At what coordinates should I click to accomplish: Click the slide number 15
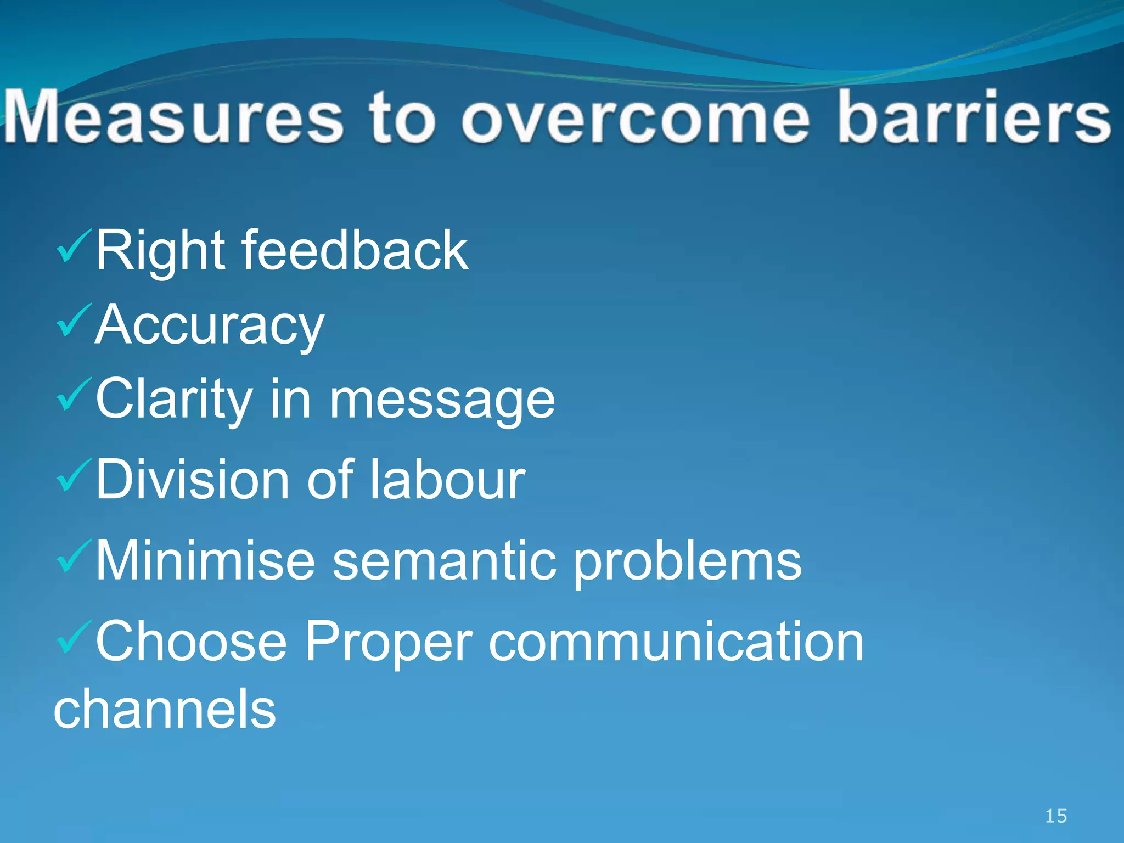[x=1055, y=816]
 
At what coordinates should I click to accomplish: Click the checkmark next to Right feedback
[x=73, y=247]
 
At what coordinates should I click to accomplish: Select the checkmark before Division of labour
[x=73, y=476]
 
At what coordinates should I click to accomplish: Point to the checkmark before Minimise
[x=73, y=557]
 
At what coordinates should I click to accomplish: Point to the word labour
[x=447, y=479]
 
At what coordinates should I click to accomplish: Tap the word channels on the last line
[x=165, y=709]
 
